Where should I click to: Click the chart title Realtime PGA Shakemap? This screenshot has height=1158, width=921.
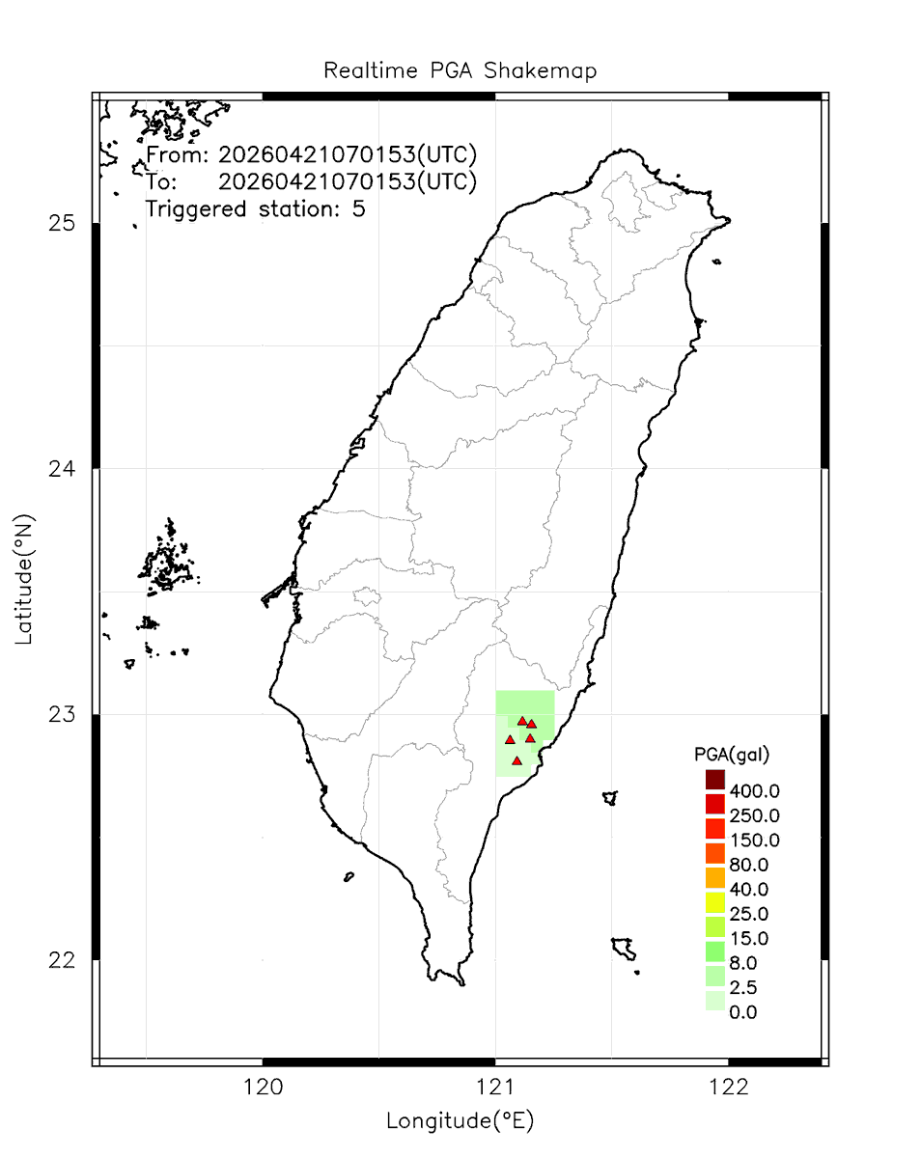[x=460, y=71]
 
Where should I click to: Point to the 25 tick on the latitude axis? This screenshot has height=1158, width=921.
[x=63, y=224]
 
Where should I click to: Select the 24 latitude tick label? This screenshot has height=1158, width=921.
[x=63, y=470]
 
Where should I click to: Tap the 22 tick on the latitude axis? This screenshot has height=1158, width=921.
[x=63, y=960]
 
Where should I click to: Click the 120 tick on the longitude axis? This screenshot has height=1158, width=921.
[x=263, y=1088]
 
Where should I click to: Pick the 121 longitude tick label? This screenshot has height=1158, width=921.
[x=495, y=1088]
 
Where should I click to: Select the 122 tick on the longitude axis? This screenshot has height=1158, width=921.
[x=728, y=1088]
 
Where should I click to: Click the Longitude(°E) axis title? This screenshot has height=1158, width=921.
[x=460, y=1120]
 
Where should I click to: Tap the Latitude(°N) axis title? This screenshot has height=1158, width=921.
[x=25, y=579]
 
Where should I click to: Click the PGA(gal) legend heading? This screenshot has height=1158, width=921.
[x=731, y=753]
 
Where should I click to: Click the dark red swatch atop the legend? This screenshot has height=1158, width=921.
[x=714, y=779]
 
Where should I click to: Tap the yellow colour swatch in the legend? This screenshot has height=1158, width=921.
[x=714, y=902]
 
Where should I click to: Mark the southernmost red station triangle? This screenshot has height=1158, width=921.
[x=517, y=760]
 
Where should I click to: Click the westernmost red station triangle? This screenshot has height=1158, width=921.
[x=510, y=739]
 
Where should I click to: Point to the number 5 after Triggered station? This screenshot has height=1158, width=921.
[x=358, y=208]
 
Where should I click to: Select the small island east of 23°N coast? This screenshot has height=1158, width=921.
[x=609, y=798]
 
